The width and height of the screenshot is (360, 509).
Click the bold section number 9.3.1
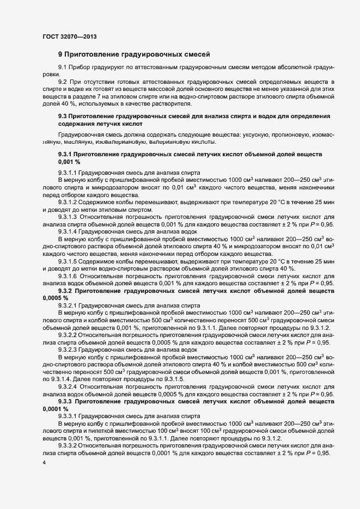click(68, 155)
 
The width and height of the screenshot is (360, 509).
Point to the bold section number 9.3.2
click(68, 291)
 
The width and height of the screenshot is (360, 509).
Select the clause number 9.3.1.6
click(71, 277)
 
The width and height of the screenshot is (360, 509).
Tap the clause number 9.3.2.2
click(71, 335)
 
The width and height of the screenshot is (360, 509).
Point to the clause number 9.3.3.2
click(71, 445)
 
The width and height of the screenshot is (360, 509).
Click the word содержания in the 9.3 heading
click(76, 124)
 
